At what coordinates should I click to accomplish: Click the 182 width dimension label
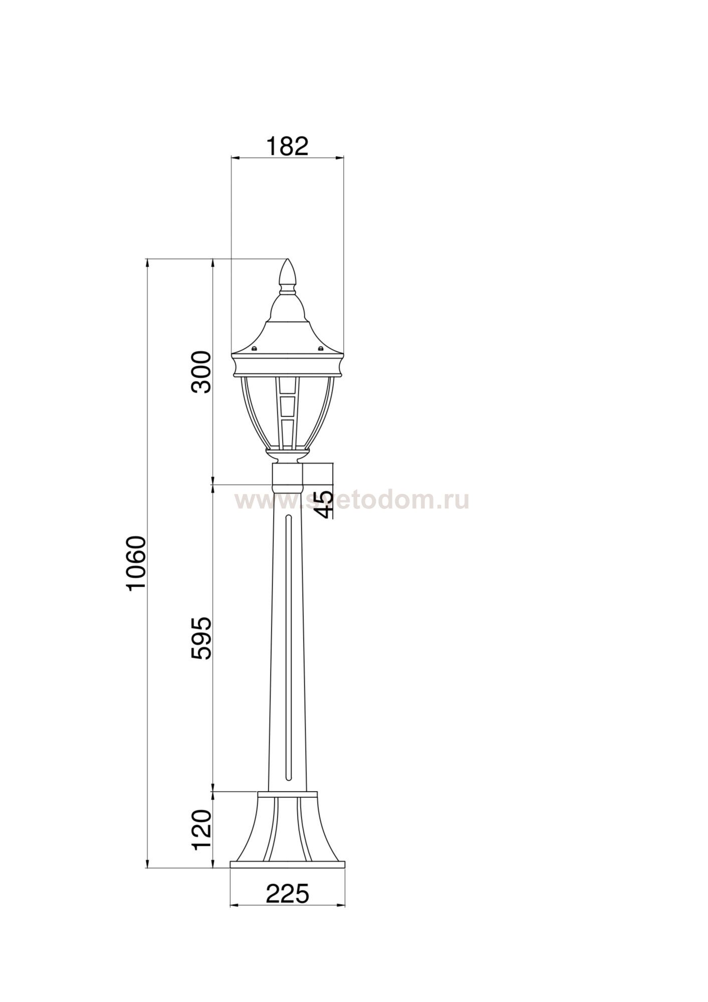[287, 146]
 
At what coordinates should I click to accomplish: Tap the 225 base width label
[287, 894]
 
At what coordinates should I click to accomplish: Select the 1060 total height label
[136, 564]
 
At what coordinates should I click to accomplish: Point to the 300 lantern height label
[202, 372]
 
